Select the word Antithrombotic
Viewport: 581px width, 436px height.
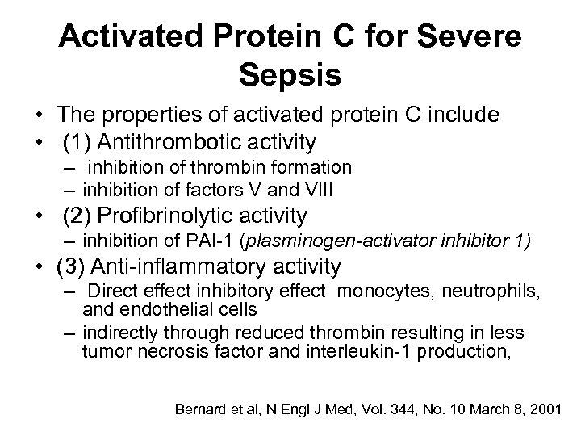[165, 143]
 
